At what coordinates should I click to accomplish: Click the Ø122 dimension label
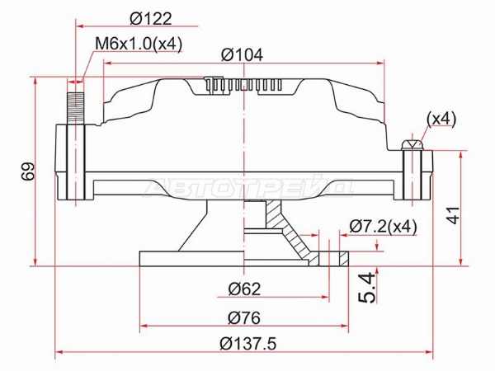tap(151, 19)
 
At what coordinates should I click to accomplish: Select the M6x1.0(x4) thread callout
tap(139, 44)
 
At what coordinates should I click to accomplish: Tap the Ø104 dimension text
tap(242, 54)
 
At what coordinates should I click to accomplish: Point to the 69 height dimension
tap(28, 171)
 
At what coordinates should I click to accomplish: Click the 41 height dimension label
tap(453, 215)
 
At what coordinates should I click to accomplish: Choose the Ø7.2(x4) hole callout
tap(384, 226)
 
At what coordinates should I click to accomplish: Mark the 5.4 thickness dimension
tap(367, 288)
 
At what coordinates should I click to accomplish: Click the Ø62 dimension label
tap(245, 289)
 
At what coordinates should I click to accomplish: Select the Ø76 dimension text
tap(244, 317)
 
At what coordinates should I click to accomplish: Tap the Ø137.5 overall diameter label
tap(248, 343)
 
